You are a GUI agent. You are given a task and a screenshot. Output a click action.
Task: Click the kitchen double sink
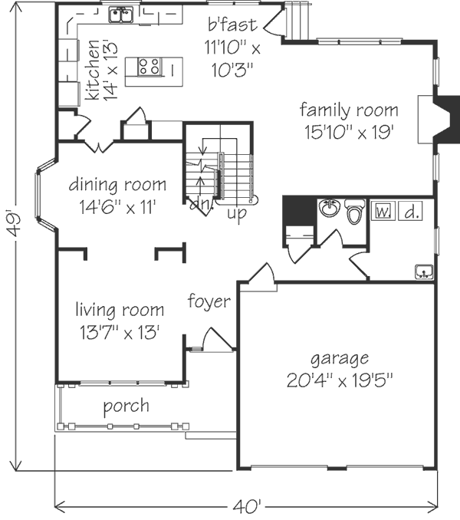(121, 15)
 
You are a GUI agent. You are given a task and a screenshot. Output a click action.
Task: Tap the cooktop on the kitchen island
(149, 66)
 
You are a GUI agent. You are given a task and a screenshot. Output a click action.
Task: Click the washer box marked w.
(383, 211)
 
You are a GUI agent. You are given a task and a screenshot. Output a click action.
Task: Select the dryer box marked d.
(410, 211)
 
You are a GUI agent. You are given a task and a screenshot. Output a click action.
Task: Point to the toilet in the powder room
(354, 212)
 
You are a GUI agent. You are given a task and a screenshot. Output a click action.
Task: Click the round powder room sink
(330, 209)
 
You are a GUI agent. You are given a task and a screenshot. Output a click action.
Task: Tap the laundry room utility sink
(424, 272)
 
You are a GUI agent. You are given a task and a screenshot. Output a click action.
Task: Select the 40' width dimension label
(247, 506)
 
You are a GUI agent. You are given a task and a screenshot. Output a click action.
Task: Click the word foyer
(209, 301)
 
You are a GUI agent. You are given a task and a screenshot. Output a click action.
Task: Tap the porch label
(126, 406)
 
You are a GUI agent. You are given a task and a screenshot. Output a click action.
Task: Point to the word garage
(340, 359)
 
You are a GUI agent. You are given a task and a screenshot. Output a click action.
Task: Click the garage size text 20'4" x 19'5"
(340, 380)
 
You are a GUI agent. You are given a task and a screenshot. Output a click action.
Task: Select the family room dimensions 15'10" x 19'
(349, 133)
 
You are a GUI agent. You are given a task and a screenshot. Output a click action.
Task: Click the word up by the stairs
(237, 213)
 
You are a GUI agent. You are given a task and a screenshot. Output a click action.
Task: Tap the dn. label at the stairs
(201, 205)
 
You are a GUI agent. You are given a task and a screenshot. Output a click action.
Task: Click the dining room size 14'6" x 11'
(117, 207)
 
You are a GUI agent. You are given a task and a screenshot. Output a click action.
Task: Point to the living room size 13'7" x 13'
(120, 332)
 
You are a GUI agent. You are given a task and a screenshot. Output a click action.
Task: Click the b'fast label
(232, 25)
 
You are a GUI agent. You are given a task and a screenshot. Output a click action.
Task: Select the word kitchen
(92, 70)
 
